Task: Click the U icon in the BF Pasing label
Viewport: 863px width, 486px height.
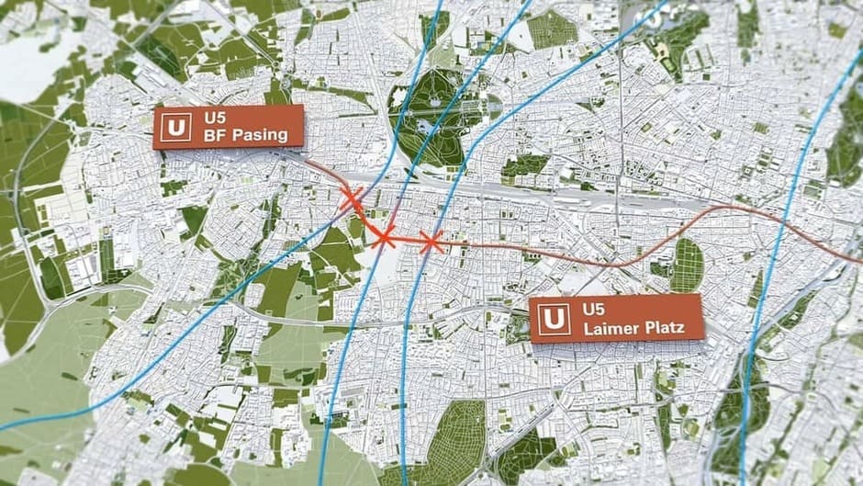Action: tap(175, 127)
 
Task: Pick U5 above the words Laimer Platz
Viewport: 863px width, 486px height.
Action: tap(584, 309)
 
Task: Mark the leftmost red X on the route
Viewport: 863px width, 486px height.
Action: tap(351, 197)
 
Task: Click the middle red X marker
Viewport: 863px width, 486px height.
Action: tap(383, 236)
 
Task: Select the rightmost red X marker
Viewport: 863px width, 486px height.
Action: tap(431, 243)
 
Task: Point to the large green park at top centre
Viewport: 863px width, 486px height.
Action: tap(431, 115)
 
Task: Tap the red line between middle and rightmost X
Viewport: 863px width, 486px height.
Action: tap(407, 241)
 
